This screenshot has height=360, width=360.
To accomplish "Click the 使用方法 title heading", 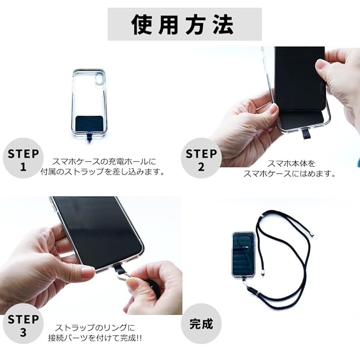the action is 183,25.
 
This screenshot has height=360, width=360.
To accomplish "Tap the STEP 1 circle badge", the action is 23,158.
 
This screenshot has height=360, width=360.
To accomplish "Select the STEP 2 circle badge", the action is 201,158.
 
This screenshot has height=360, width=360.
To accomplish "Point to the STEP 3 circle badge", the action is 23,324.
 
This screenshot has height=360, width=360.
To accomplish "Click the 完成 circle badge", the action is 201,324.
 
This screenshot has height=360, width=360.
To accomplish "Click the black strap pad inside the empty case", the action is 89,123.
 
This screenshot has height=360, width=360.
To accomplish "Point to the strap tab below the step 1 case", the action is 89,138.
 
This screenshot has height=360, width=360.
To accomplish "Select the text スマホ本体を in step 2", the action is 291,164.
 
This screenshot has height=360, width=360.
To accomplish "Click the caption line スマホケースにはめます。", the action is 289,174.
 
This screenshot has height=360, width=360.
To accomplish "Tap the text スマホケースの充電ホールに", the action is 104,162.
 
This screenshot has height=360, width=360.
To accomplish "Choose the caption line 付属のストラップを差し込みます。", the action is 103,172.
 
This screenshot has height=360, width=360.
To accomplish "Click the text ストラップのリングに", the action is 95,328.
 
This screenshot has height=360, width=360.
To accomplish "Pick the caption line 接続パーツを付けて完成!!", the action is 95,338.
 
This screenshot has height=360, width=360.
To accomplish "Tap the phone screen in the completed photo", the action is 243,253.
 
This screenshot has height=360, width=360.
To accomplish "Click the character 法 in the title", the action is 223,25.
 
